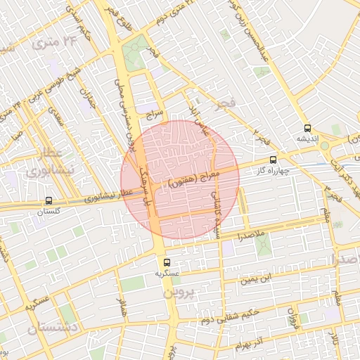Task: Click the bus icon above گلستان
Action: [x=49, y=200]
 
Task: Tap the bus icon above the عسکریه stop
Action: [x=162, y=262]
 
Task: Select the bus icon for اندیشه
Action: [x=307, y=128]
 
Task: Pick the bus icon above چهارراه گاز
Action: [x=273, y=159]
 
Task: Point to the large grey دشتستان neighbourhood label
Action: [x=53, y=328]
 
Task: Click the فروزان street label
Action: [x=292, y=319]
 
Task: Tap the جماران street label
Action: [x=86, y=96]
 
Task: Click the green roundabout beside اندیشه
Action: [x=326, y=146]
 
